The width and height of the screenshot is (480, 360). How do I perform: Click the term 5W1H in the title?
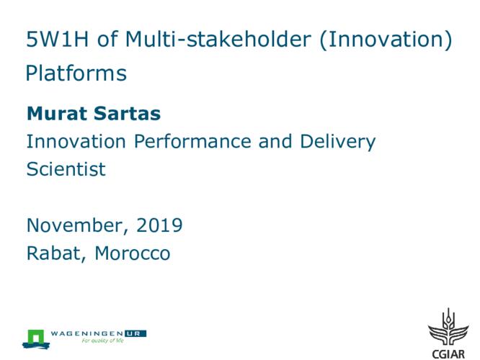[x=57, y=40]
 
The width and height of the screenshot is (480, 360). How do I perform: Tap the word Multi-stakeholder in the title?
[x=218, y=39]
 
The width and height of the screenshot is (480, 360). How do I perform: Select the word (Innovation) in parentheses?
[x=386, y=40]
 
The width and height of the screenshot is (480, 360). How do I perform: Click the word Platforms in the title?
[x=76, y=73]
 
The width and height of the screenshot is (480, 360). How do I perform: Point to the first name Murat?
[x=58, y=114]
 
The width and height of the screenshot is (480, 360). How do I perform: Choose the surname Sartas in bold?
[x=127, y=114]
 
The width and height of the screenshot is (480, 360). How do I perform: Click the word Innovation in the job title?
[x=76, y=141]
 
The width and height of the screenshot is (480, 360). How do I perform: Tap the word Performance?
[x=192, y=141]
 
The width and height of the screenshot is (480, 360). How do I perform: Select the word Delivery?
[x=337, y=143]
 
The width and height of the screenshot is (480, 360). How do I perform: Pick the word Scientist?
[x=66, y=169]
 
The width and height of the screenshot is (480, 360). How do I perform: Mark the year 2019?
[x=159, y=225]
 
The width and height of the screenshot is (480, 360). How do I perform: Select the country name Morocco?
[x=132, y=253]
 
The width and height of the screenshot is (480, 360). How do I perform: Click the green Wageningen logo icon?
[x=36, y=339]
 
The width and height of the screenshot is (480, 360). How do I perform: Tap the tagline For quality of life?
[x=102, y=341]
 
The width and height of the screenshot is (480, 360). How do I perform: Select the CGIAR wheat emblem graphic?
[x=448, y=328]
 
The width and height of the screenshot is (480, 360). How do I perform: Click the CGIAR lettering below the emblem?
[x=448, y=354]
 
